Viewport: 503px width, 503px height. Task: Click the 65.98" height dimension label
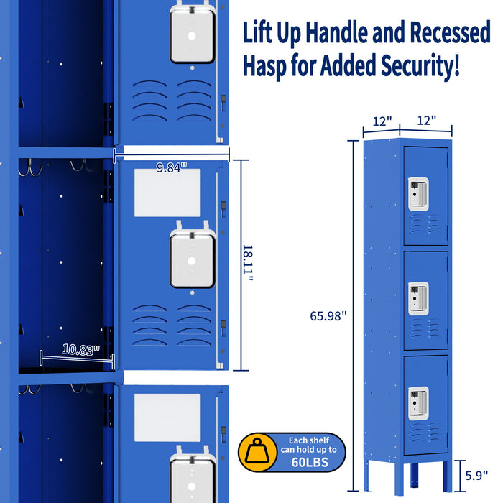click(328, 315)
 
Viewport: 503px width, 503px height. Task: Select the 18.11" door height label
click(248, 264)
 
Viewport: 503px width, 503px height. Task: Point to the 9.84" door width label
click(172, 167)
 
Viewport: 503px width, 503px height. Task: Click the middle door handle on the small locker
click(419, 299)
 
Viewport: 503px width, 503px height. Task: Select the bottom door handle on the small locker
click(419, 404)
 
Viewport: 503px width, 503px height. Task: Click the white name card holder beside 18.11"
click(167, 193)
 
